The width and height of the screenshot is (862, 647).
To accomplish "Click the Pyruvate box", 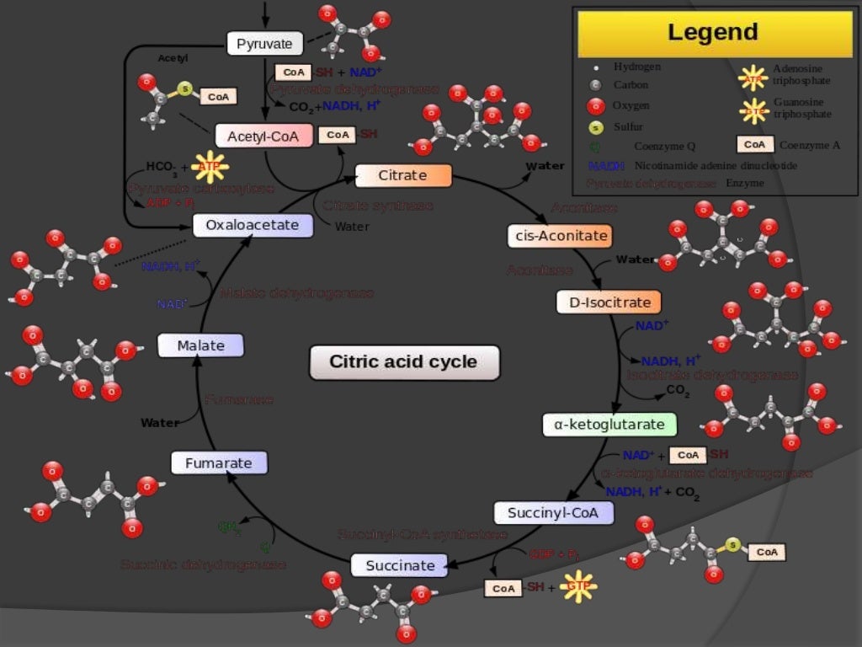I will pos(264,43).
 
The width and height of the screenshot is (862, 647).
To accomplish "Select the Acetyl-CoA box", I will pos(263,136).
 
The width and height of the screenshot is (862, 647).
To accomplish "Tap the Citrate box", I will pos(403,175).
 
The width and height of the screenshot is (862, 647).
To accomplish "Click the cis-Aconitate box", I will pos(559,236).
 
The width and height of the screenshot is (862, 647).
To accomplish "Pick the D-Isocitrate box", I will pos(609,302).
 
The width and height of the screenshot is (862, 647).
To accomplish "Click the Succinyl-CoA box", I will pos(553,512).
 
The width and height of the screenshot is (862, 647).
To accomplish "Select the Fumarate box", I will pos(219,463).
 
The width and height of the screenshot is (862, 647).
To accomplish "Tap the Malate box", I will pos(201,345).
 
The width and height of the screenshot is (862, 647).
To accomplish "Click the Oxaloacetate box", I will pos(253,225).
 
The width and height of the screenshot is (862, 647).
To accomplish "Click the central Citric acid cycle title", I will pos(403,362).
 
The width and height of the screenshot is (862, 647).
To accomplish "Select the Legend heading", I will pos(712,33).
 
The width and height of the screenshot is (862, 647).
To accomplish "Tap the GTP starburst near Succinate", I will pos(578,586).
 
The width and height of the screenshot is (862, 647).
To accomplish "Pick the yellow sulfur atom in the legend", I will pos(596,128).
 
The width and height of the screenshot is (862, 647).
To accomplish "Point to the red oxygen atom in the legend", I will pos(596,106).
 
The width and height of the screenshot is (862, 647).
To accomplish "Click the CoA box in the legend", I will pos(754,145).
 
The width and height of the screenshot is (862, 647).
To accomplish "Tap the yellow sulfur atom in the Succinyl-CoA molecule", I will pos(732,546).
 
